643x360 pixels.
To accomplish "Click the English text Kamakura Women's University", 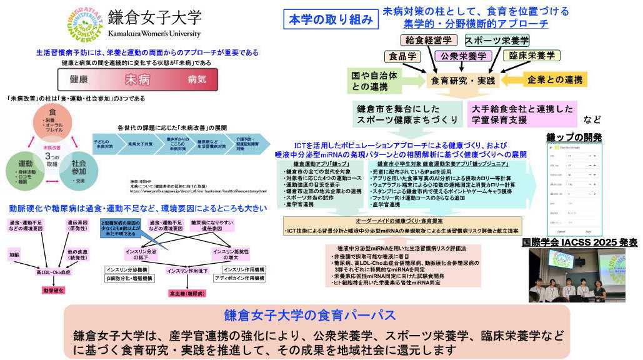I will [154, 34].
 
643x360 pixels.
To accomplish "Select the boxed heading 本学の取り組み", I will [331, 19].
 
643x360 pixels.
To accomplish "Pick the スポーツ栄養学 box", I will [497, 41].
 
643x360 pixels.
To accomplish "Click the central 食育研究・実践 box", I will [461, 80].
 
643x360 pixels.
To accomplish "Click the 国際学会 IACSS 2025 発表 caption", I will [579, 242].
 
